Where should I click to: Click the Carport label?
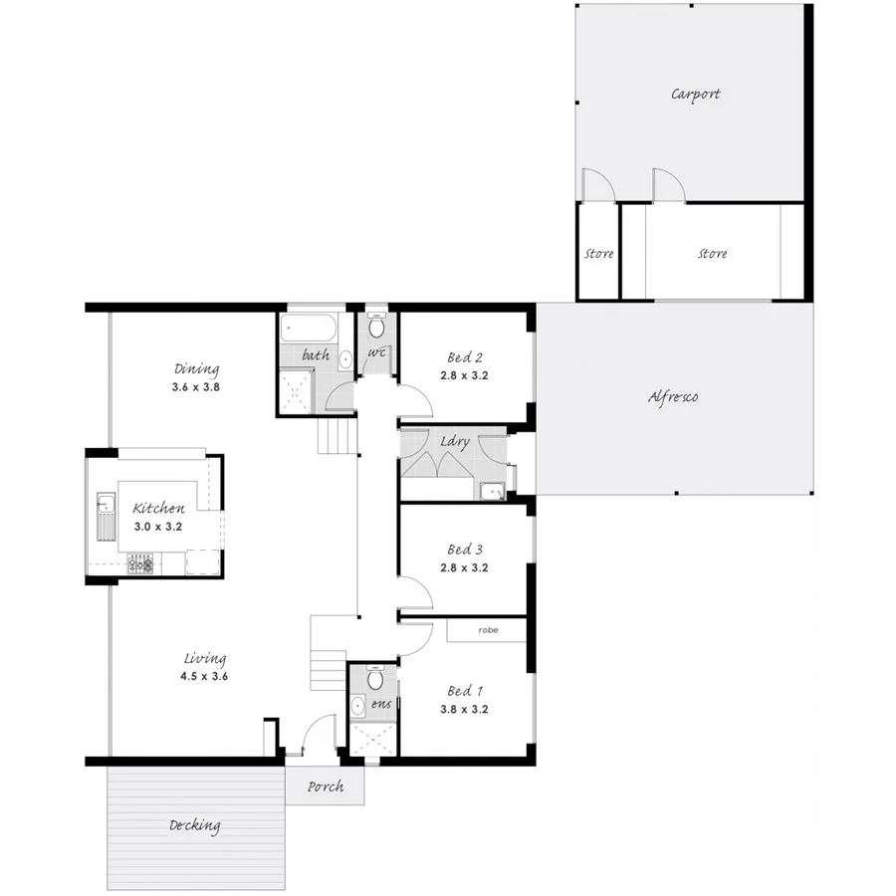coord(695,95)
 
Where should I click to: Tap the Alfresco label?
coord(673,396)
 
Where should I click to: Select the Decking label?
coord(194,825)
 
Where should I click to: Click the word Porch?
coord(325,786)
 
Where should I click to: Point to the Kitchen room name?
coord(159,509)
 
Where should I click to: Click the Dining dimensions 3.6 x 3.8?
coord(195,386)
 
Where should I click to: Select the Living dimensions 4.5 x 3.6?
coord(205,677)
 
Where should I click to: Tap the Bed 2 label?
coord(465,358)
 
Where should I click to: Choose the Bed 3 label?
coord(465,550)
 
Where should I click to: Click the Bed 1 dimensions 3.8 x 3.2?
coord(465,710)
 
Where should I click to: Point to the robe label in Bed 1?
coord(488,630)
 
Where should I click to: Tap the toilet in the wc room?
coord(376,326)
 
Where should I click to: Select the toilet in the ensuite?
coord(375,679)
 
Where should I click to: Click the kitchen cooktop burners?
coord(139,564)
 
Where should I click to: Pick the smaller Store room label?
coord(598,254)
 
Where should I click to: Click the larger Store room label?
coord(712,254)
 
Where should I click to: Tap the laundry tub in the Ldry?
coord(492,491)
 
